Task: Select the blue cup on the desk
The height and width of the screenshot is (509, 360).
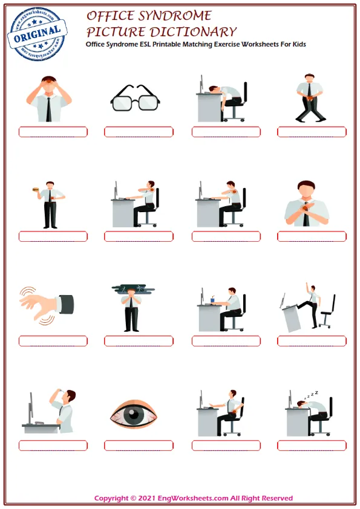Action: tap(213, 299)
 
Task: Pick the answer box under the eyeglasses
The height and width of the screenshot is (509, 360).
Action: tap(139, 132)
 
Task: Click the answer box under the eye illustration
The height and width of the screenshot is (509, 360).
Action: tap(139, 446)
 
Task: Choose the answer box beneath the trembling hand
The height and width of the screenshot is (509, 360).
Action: tap(53, 341)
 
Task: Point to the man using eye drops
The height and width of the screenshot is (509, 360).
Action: tap(64, 410)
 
